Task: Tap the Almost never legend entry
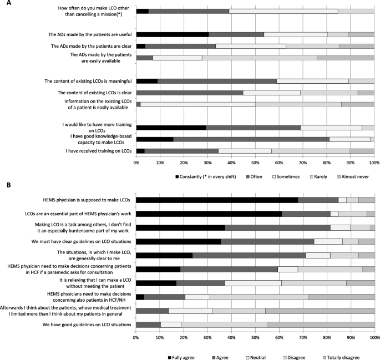(352, 176)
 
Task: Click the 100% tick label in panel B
(374, 337)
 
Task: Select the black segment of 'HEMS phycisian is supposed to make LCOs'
(217, 200)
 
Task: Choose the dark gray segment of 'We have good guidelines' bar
(148, 324)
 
